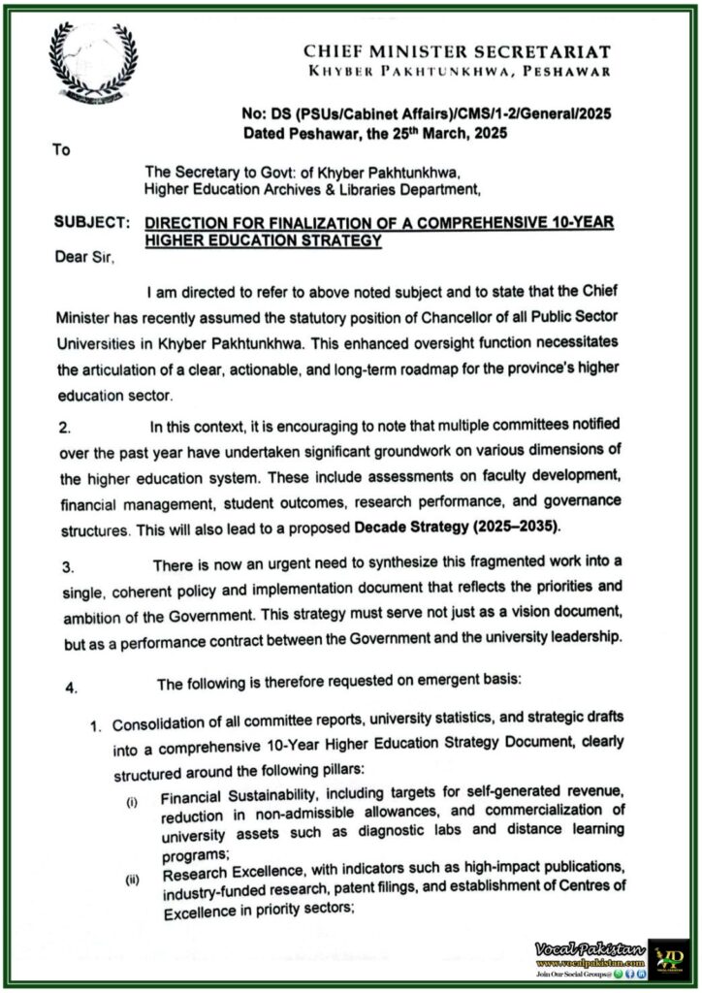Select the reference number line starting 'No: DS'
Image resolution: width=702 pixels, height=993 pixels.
(x=427, y=113)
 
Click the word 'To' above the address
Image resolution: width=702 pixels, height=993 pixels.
(x=60, y=151)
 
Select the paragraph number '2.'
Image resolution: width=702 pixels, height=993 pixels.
(x=65, y=427)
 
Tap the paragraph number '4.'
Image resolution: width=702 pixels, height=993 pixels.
(x=70, y=689)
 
